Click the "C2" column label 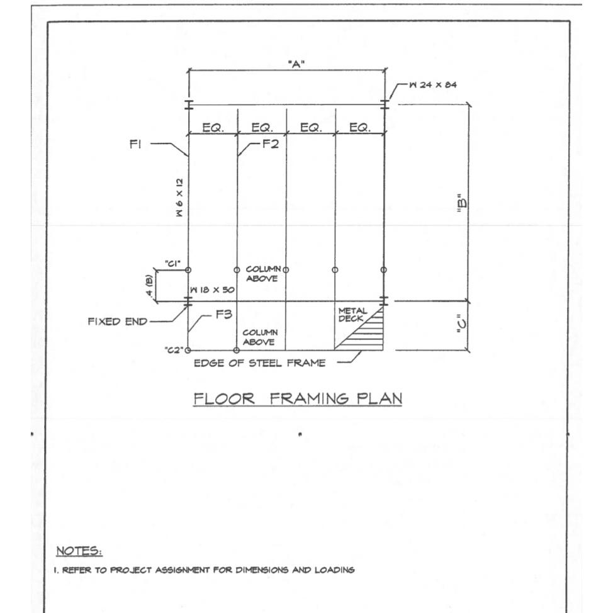174,351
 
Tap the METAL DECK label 351,313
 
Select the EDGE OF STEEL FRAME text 259,363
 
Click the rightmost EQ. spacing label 359,128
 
